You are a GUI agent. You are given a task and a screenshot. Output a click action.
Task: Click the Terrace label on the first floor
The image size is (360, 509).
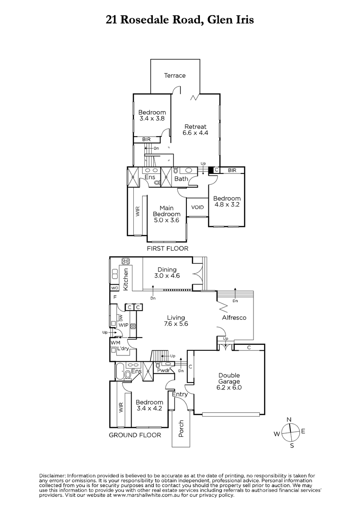(175, 76)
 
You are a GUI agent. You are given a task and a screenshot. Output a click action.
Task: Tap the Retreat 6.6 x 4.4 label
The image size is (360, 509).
(195, 129)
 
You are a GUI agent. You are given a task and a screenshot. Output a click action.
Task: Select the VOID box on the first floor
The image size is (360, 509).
(197, 207)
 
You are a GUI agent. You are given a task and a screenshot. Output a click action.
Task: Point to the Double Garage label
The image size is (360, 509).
(229, 381)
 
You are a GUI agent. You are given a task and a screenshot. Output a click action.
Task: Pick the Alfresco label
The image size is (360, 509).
(234, 318)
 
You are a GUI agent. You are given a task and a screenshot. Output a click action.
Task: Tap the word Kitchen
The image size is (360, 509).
(126, 280)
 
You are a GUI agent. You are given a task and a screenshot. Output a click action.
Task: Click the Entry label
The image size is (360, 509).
(180, 394)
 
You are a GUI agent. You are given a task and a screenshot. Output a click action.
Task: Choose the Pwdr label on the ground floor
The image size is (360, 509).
(163, 370)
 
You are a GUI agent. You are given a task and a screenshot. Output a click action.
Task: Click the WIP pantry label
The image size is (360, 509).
(124, 325)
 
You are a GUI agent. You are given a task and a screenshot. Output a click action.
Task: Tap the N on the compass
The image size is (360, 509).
(289, 420)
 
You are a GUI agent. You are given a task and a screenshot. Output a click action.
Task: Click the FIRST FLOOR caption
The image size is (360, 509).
(167, 249)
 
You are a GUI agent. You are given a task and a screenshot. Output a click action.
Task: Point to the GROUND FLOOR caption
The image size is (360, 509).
(135, 435)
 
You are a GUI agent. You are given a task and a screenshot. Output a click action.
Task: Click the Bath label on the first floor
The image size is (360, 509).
(181, 179)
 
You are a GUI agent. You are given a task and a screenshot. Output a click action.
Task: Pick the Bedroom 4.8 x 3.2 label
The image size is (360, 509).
(227, 201)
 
